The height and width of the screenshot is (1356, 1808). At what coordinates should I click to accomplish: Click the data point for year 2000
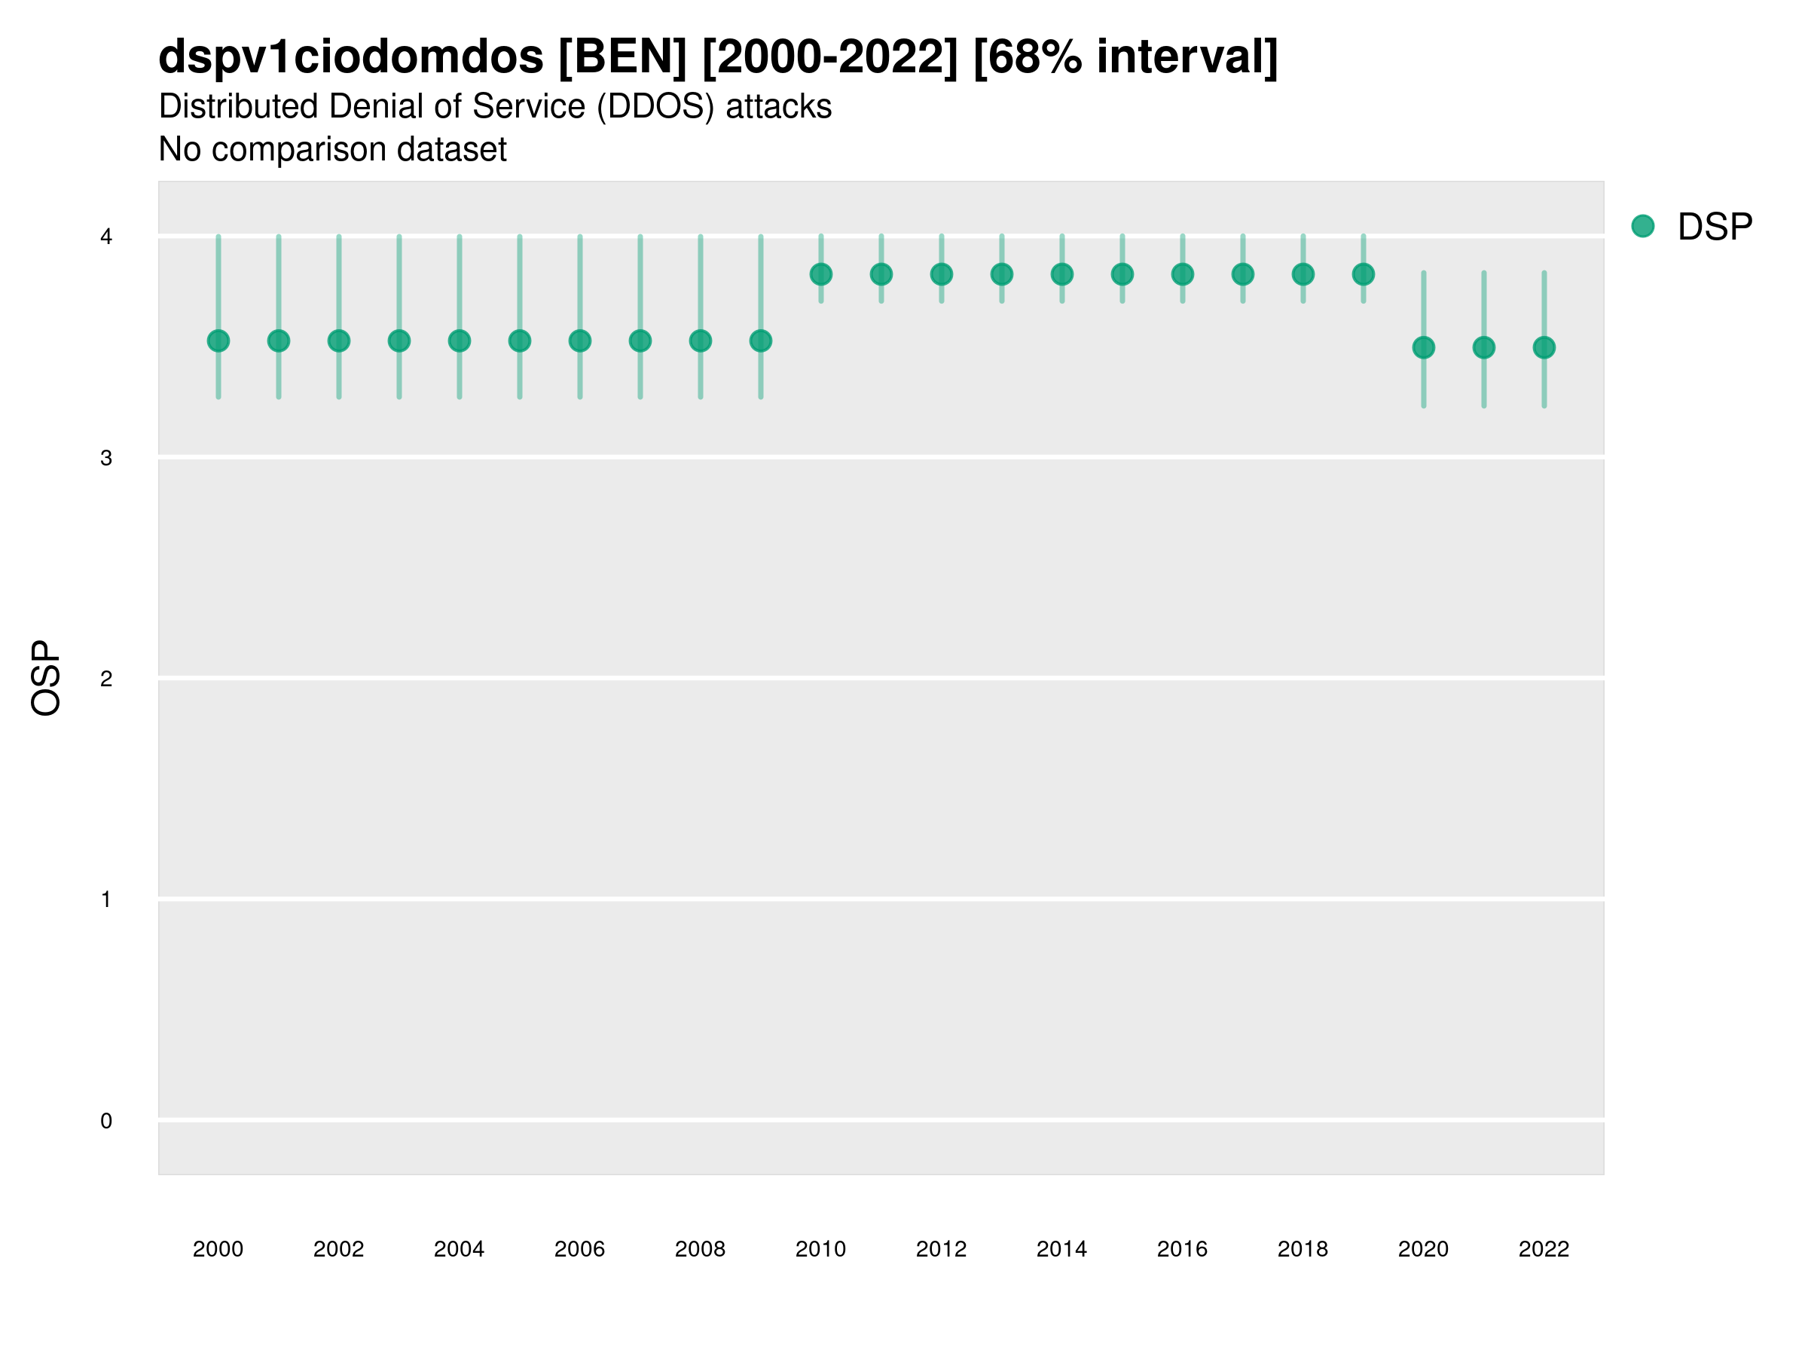[x=218, y=341]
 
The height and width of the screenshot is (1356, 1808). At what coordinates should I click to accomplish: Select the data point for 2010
[x=820, y=275]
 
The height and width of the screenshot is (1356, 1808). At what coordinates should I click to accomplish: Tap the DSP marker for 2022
[x=1544, y=347]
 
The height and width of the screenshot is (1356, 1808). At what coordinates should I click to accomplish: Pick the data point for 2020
[x=1424, y=347]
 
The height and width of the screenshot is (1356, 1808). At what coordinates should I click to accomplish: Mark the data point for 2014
[x=1061, y=275]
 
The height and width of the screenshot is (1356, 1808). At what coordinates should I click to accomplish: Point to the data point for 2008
[x=701, y=341]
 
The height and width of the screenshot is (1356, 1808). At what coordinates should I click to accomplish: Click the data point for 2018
[x=1303, y=275]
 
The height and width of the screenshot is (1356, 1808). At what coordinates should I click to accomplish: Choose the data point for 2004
[x=460, y=341]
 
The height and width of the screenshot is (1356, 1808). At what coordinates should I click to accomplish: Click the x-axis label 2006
[x=579, y=1249]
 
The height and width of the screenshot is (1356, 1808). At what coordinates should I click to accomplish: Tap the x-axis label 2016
[x=1182, y=1249]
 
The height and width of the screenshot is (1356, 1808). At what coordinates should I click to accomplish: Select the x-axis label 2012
[x=941, y=1249]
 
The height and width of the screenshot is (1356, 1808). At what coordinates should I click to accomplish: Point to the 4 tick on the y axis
[x=106, y=237]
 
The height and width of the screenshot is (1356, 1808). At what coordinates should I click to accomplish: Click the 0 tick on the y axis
[x=106, y=1121]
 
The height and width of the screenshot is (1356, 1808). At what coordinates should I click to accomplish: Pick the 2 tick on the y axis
[x=106, y=679]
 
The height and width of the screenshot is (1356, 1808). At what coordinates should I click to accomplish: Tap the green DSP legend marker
[x=1643, y=227]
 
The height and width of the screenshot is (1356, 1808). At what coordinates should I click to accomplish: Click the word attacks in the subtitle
[x=778, y=106]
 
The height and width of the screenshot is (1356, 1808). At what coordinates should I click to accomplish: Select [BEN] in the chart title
[x=623, y=56]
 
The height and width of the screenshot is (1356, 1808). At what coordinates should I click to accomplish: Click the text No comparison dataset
[x=333, y=150]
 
